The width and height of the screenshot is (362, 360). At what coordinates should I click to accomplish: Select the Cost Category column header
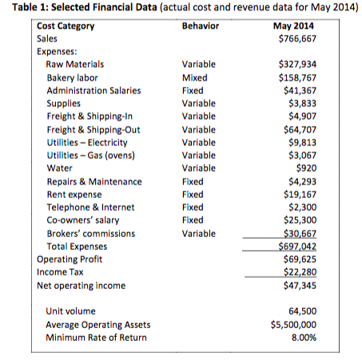pyautogui.click(x=66, y=26)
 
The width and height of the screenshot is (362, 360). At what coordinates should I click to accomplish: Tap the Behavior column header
pyautogui.click(x=201, y=26)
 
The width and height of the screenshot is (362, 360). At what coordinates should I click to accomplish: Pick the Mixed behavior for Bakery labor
pyautogui.click(x=195, y=77)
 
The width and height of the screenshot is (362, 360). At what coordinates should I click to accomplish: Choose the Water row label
pyautogui.click(x=59, y=168)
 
